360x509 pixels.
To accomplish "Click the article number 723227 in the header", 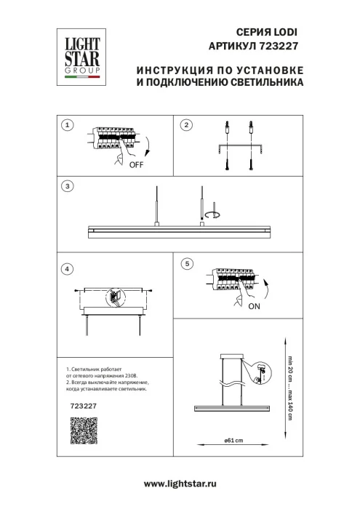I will [x=281, y=45].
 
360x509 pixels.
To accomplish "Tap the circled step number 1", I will [x=67, y=125].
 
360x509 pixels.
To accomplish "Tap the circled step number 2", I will [x=185, y=125].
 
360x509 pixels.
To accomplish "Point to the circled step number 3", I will [x=67, y=186].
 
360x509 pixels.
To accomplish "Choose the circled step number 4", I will [x=67, y=269].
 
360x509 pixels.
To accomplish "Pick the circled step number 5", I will [x=187, y=263].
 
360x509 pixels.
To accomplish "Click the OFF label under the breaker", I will [x=135, y=165].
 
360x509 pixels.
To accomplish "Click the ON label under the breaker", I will [x=255, y=306].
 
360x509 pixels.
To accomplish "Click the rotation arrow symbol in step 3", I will [x=212, y=215].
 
